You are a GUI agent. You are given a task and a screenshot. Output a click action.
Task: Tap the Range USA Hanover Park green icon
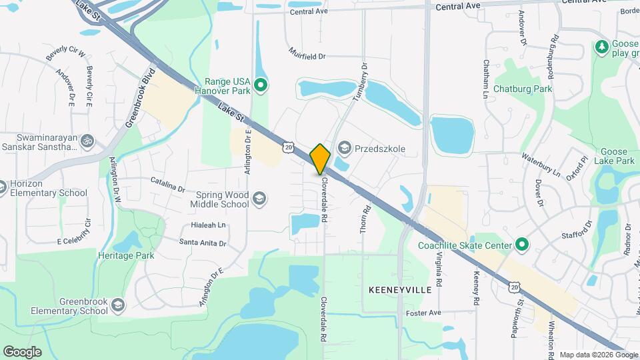[261, 85]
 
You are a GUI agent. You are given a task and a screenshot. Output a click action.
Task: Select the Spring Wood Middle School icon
[259, 198]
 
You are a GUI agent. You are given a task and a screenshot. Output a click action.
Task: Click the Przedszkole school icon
[345, 147]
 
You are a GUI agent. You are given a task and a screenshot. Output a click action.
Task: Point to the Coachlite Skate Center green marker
[522, 245]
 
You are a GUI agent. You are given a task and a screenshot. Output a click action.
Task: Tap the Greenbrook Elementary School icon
[118, 305]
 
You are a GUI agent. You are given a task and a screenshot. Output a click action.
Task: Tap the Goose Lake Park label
[617, 156]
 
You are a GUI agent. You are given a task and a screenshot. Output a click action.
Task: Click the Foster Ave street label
[424, 313]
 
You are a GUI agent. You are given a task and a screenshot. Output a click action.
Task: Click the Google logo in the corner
[22, 351]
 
